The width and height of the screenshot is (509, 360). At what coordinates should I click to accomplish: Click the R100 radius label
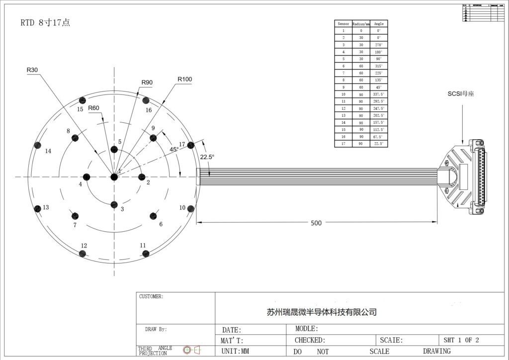tap(185, 79)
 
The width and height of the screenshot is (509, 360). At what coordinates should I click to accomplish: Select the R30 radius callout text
tap(32, 70)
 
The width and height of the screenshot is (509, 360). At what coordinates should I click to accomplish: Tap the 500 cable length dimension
tap(316, 223)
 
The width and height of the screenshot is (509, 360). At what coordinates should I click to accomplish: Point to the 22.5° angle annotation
tap(207, 157)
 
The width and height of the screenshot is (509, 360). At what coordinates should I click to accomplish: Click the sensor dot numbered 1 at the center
tap(114, 177)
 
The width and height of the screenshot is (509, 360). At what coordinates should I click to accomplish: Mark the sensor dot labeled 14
tap(37, 145)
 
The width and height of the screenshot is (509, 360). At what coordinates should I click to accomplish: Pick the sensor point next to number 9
tap(153, 138)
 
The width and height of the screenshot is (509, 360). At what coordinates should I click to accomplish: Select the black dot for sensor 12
tap(82, 254)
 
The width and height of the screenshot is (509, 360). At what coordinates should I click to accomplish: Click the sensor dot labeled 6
tap(153, 216)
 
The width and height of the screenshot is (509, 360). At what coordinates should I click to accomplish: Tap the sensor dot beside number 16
tap(146, 99)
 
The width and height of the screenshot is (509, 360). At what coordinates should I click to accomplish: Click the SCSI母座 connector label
tap(460, 93)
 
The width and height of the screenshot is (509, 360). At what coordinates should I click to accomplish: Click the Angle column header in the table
tap(379, 23)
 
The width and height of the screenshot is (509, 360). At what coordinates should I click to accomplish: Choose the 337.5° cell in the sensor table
tap(379, 94)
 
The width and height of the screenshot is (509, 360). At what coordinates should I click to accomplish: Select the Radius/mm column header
tap(361, 23)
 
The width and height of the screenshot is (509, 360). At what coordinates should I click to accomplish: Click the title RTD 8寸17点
tap(45, 23)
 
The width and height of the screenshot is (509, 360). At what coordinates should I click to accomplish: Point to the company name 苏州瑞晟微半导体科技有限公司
tap(322, 312)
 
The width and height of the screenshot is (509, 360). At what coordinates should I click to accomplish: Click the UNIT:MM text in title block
tap(235, 351)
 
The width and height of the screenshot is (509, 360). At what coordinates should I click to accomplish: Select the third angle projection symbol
tap(191, 350)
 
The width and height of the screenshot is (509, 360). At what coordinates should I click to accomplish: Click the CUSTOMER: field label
tap(151, 296)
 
